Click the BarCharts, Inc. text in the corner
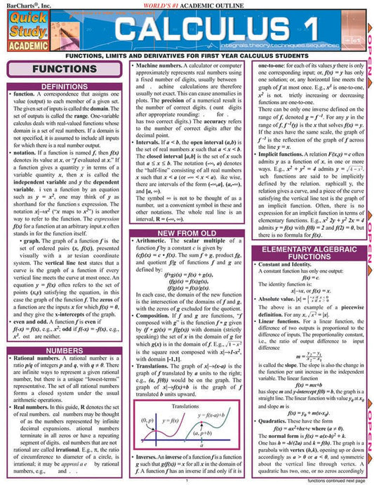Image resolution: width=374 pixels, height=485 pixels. click(x=22, y=5)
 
